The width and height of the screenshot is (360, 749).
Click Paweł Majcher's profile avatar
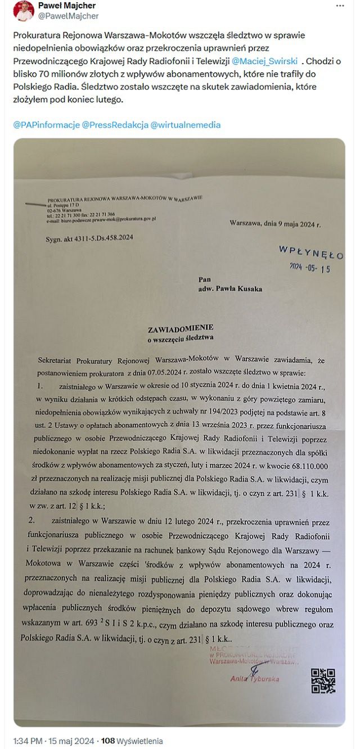pyautogui.click(x=23, y=11)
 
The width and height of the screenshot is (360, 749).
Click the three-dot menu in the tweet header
pyautogui.click(x=340, y=6)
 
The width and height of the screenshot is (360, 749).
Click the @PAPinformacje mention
pyautogui.click(x=46, y=125)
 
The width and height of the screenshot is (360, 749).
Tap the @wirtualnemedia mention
pyautogui.click(x=185, y=125)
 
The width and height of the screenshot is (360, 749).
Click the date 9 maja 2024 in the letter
pyautogui.click(x=290, y=223)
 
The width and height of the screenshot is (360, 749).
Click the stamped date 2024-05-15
pyautogui.click(x=309, y=268)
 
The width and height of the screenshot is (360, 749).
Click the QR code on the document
pyautogui.click(x=323, y=680)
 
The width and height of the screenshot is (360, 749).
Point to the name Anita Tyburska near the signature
pyautogui.click(x=254, y=679)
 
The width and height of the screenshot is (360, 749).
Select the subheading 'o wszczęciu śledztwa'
pyautogui.click(x=181, y=339)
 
